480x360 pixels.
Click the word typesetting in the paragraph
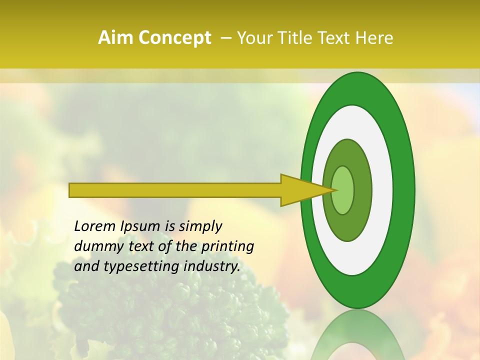coord(139,267)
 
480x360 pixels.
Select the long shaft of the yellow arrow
coord(175,190)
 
